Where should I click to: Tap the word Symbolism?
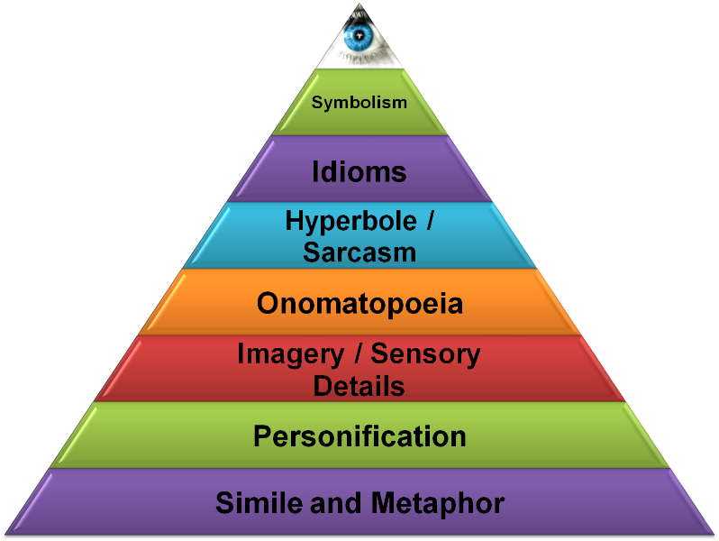pos(359,103)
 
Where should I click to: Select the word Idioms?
pos(359,171)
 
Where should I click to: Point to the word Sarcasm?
pos(359,252)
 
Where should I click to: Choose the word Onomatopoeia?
pos(359,304)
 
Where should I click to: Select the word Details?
pos(359,386)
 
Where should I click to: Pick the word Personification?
pos(359,437)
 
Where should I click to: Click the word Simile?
pos(259,502)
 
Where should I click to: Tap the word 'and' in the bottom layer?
pos(332,503)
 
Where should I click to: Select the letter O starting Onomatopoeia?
pos(268,304)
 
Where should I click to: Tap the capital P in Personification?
pos(262,437)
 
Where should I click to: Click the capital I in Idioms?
pos(316,171)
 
